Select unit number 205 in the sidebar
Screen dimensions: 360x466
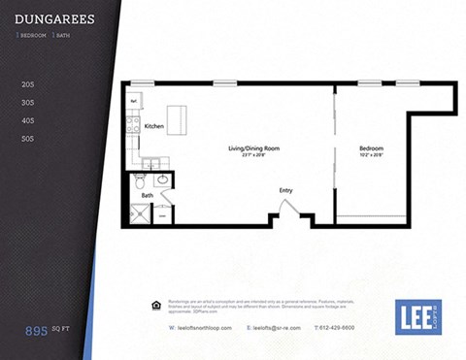coord(27,85)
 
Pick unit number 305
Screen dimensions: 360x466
coord(27,103)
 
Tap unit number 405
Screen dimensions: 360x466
coord(27,120)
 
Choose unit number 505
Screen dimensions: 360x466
coord(27,139)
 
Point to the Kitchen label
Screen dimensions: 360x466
coord(153,127)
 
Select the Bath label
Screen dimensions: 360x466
coord(147,196)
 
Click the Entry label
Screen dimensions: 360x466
coord(285,190)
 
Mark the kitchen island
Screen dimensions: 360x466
coord(177,118)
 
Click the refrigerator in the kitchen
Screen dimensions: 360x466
coord(135,100)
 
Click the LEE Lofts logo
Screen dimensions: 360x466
coord(417,316)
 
